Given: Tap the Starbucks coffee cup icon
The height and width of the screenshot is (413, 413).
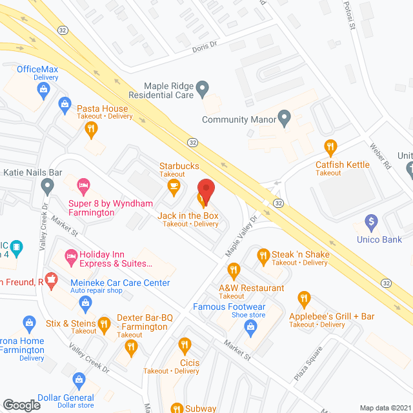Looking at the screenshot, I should [x=173, y=186].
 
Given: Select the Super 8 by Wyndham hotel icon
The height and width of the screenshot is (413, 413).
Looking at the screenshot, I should [x=83, y=186].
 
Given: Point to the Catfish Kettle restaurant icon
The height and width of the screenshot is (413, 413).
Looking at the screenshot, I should [x=331, y=148].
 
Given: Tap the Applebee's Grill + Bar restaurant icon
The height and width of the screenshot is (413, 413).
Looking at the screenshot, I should [x=304, y=299].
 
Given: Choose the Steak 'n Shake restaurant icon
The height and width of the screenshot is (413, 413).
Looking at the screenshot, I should [x=263, y=256].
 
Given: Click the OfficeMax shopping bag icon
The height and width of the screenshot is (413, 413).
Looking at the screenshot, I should [x=43, y=89].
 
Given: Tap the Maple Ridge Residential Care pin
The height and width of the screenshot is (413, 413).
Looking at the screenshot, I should [x=202, y=87].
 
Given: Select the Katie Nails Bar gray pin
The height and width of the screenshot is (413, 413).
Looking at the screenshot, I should [x=46, y=187].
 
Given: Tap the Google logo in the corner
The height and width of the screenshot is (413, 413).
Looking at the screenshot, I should [x=21, y=405].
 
